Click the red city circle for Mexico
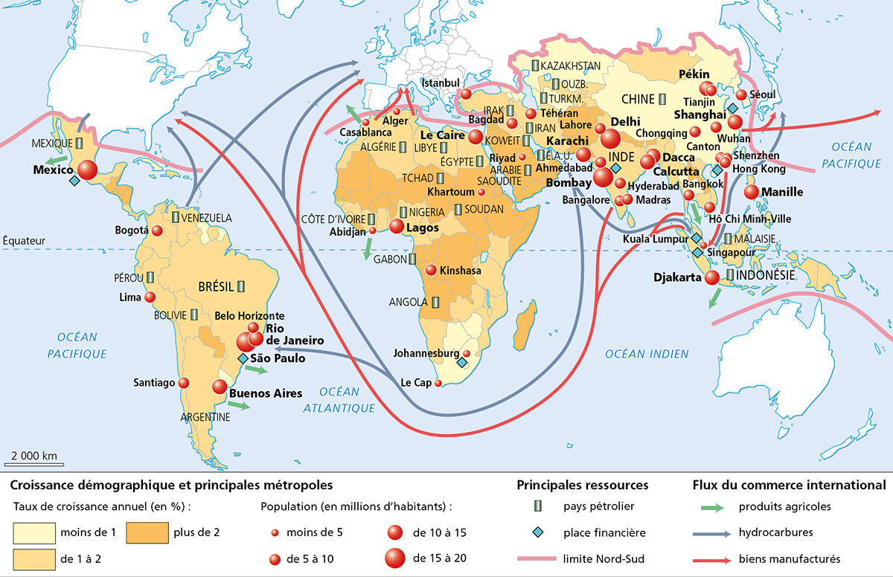tap(87, 170)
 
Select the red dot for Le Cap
tap(438, 384)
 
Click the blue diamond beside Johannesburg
tap(461, 364)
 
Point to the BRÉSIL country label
tap(216, 286)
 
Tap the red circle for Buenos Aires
tap(219, 387)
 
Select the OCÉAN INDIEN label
tap(646, 354)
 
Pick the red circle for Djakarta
tap(712, 277)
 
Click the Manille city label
tap(783, 192)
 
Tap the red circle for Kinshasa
tap(431, 271)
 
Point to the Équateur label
tap(24, 240)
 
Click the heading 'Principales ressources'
tap(583, 485)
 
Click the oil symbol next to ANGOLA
tap(435, 302)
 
